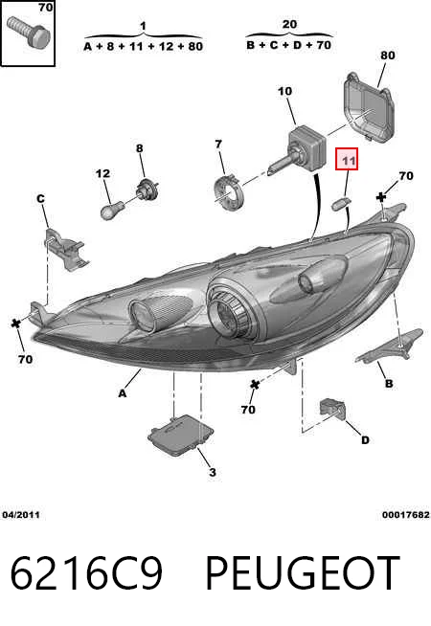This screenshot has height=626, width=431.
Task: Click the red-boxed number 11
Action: (x=348, y=161)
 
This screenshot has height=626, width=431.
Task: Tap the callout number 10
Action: (x=284, y=92)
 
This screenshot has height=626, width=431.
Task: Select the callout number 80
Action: (x=388, y=56)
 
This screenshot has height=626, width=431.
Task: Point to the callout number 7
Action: (x=218, y=144)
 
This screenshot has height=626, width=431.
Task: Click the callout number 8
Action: (x=139, y=148)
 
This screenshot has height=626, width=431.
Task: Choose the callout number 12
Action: (x=102, y=173)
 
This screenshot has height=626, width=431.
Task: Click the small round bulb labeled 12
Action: (x=108, y=210)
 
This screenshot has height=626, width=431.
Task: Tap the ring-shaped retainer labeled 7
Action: (x=227, y=190)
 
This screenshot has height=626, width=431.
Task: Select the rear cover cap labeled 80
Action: (x=369, y=106)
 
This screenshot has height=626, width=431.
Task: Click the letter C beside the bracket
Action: (x=40, y=198)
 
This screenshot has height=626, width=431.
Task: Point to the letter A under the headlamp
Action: (x=123, y=393)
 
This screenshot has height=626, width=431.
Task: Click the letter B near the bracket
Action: (x=389, y=384)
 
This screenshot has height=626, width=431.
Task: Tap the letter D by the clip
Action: (x=365, y=440)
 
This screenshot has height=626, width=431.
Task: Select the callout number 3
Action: (x=213, y=472)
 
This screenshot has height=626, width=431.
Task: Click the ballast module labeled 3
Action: (x=181, y=436)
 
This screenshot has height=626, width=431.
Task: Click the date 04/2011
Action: (x=21, y=515)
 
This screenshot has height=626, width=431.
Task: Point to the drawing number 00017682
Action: (x=405, y=515)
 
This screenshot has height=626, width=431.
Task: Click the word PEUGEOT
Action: (x=303, y=572)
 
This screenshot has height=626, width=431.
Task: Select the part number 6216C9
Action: (x=86, y=572)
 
